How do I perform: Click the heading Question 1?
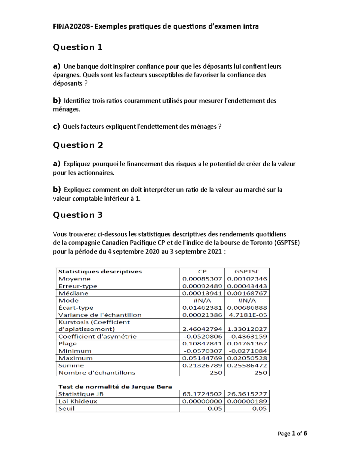tap(78, 47)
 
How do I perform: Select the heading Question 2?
tap(78, 145)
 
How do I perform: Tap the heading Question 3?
tap(78, 215)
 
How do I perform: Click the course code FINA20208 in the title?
tap(72, 26)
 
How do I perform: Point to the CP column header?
tap(202, 272)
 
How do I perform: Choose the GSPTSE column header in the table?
tap(247, 272)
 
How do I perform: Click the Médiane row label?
tap(73, 293)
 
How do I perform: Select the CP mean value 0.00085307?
tap(202, 279)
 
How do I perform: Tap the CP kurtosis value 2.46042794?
tap(202, 329)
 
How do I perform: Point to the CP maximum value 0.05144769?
tap(202, 358)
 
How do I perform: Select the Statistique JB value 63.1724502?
tap(202, 394)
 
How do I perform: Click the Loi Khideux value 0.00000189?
tap(247, 401)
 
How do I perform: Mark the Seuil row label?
tap(67, 408)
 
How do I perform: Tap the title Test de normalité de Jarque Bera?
tap(115, 387)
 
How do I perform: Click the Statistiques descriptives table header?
tap(100, 272)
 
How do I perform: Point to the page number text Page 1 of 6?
tap(292, 433)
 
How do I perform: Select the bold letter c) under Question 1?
tap(56, 127)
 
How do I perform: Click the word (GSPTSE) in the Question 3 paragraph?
tap(287, 243)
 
